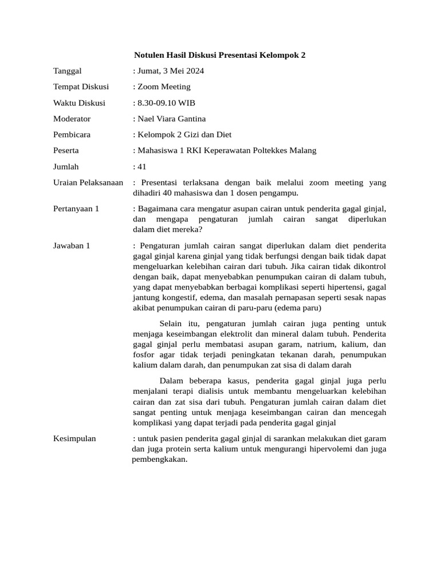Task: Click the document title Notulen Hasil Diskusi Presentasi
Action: tap(219, 55)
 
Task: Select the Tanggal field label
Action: tap(67, 71)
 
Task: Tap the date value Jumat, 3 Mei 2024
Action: tap(168, 71)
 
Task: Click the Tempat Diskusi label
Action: tap(81, 87)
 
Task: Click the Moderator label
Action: tap(72, 119)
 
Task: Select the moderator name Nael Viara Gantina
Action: tap(170, 119)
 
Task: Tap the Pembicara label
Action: tap(72, 134)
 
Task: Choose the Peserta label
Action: tap(66, 151)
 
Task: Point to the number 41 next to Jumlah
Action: tap(142, 167)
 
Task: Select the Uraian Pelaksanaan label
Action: tap(88, 183)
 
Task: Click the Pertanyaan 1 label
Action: tap(76, 209)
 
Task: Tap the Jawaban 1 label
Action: tap(72, 246)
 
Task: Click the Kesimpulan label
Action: tap(74, 438)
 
